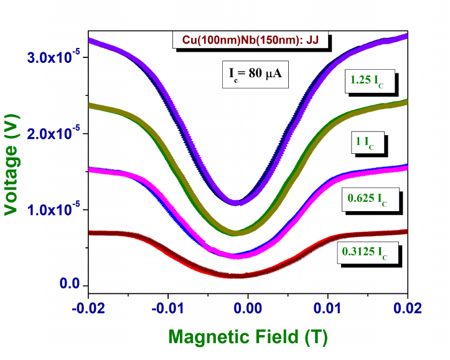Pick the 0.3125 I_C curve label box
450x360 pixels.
tap(367, 253)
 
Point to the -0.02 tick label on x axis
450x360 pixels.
tap(88, 308)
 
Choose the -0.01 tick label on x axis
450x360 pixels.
tap(167, 308)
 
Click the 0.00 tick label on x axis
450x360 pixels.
tap(248, 308)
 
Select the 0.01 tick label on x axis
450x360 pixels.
tap(328, 308)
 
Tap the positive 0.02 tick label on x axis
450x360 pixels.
tap(408, 308)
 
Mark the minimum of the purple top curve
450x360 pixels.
tap(237, 202)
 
